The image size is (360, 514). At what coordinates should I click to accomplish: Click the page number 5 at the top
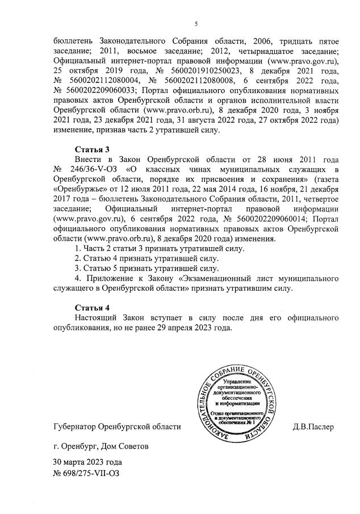[x=196, y=24]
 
